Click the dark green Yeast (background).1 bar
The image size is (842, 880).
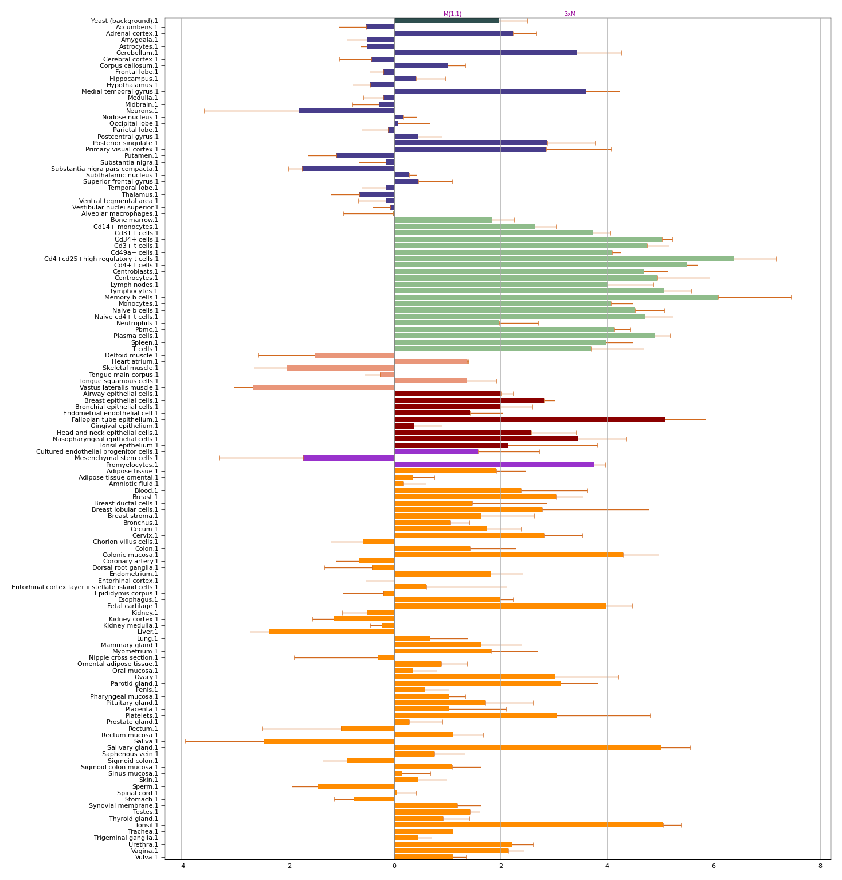click(x=446, y=21)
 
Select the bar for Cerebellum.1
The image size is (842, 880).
click(x=485, y=53)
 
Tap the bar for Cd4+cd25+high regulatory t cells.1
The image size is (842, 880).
click(x=563, y=259)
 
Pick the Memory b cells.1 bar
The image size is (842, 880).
click(x=556, y=297)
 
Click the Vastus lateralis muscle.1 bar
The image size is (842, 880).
click(x=323, y=387)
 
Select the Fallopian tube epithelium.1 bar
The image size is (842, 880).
click(x=529, y=419)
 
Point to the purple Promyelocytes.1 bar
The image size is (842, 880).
click(x=494, y=465)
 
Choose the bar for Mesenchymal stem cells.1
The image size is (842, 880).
click(x=348, y=458)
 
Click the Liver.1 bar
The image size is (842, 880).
click(x=331, y=632)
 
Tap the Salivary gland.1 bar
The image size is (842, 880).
click(x=527, y=747)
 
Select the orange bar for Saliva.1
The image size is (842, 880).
click(x=328, y=741)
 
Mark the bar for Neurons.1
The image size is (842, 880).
click(x=346, y=111)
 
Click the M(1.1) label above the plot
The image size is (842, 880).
click(x=452, y=14)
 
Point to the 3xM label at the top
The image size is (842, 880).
click(x=570, y=14)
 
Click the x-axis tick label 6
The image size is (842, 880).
click(x=714, y=866)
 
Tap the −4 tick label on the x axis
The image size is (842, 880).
click(x=181, y=866)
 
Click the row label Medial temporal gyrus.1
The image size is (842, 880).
click(x=120, y=91)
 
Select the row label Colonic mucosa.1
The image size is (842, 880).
click(x=130, y=555)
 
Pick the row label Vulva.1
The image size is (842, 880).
click(x=146, y=857)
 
